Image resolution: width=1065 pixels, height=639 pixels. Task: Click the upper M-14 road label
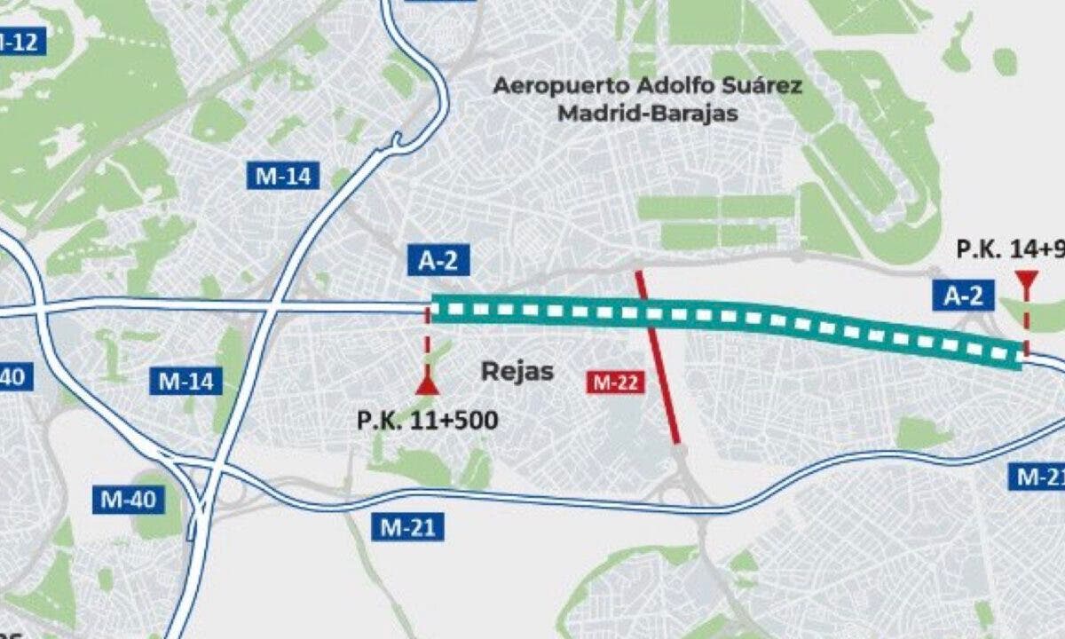click(283, 176)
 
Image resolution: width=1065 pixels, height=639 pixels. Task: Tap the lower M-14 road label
click(186, 382)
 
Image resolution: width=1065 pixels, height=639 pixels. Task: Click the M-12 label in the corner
click(20, 42)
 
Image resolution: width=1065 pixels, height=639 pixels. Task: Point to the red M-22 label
click(615, 383)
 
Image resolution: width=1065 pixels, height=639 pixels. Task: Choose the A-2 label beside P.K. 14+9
click(963, 296)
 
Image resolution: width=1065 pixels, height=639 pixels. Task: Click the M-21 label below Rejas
click(408, 526)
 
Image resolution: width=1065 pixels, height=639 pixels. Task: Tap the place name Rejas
click(517, 371)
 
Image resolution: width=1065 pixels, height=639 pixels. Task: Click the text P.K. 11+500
click(428, 420)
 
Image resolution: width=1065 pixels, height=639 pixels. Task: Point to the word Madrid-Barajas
click(648, 114)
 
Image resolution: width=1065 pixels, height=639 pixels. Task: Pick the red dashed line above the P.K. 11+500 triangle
click(428, 342)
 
